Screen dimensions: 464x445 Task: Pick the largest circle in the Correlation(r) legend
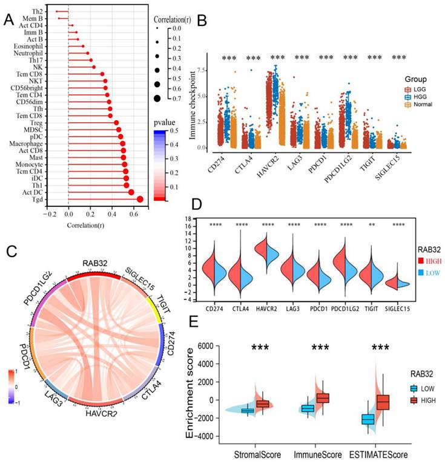point(157,98)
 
